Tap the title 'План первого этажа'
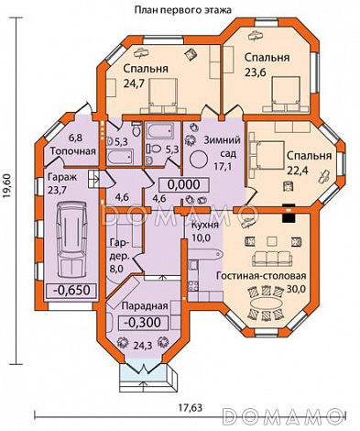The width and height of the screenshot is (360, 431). coord(183,10)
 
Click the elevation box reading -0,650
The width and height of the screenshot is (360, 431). coord(71,290)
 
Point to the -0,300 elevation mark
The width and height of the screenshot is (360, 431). coord(143,322)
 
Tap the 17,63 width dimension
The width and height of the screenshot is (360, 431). coord(191,407)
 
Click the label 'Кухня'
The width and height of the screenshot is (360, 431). coord(205,226)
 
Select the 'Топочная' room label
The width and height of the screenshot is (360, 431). coord(73,151)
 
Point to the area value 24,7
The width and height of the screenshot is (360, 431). coord(134,83)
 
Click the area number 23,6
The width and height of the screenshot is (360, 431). coord(256,72)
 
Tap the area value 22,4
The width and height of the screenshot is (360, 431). coord(298,170)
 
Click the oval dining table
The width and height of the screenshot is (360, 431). coord(266,304)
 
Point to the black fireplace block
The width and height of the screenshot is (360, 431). coord(289,214)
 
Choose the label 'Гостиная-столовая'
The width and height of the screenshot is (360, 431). coord(261,276)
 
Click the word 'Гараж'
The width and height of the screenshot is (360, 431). coord(62,177)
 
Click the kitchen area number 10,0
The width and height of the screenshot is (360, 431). coord(202,238)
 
